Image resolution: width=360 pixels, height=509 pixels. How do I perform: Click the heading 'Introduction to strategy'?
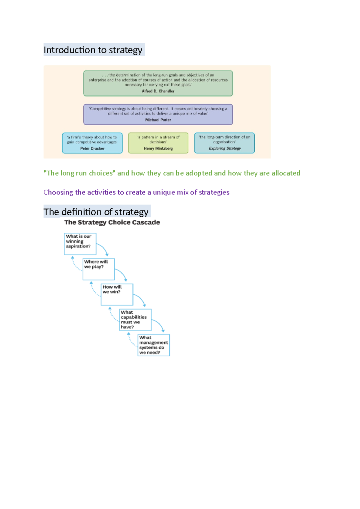coord(93,50)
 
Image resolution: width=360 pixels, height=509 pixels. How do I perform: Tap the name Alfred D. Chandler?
coord(158,91)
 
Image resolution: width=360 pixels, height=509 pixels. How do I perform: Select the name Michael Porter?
coord(158,120)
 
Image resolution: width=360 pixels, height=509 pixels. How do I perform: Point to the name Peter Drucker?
coord(92,148)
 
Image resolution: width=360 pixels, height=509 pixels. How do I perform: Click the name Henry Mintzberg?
coord(158,148)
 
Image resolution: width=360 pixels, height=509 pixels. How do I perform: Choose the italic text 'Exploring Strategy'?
coord(225,148)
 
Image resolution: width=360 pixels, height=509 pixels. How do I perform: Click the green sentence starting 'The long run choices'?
coord(172,173)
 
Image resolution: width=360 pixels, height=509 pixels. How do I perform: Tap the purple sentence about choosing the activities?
coord(136,192)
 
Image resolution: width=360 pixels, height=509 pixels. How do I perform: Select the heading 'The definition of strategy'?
coord(96,212)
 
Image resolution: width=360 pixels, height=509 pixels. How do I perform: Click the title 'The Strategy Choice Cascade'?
coord(112,222)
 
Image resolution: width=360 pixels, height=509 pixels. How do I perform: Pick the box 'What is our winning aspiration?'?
coord(80,244)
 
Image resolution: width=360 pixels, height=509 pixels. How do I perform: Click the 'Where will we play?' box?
coord(98,269)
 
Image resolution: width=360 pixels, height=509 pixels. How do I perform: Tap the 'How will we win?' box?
coord(117,294)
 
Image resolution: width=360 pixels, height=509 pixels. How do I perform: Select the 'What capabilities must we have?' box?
coord(135,320)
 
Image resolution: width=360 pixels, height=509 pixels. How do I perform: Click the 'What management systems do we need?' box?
coord(154,345)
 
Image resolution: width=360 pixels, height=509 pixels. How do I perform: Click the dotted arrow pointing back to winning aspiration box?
coord(75,264)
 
